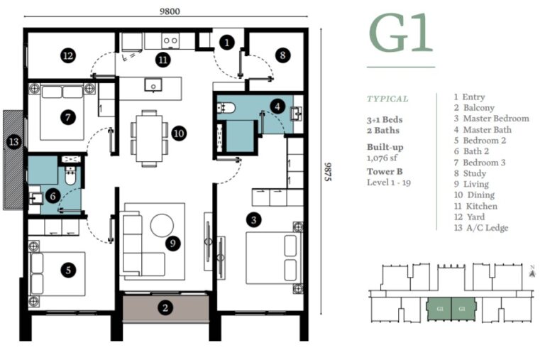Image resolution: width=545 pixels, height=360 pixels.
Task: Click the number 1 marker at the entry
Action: pos(226,43)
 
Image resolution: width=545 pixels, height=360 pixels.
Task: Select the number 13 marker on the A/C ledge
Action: pos(13,142)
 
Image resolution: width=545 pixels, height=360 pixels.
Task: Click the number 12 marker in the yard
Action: pos(68,55)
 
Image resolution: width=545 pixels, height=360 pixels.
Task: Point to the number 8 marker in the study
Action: pos(282,55)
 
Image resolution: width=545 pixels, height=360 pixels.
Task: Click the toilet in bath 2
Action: pos(70,175)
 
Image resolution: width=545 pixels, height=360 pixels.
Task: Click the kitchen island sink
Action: pos(153,85)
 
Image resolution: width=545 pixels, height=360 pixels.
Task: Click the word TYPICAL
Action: pos(387,99)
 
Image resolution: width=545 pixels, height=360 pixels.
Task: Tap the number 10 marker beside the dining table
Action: pos(178,132)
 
